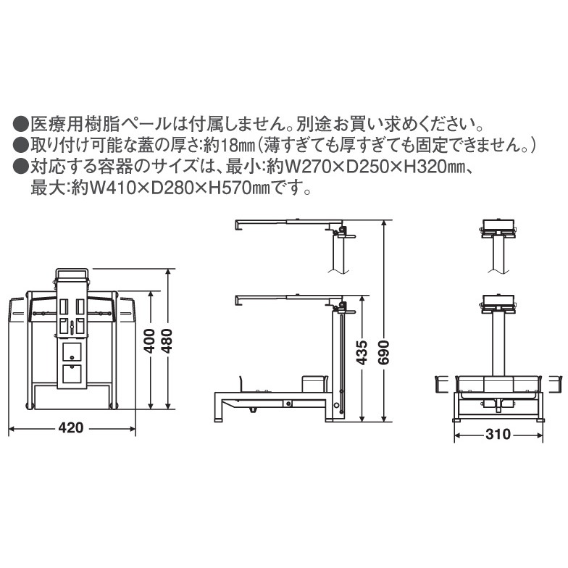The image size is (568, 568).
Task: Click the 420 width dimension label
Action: click(71, 427)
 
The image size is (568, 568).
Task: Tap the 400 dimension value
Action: click(149, 341)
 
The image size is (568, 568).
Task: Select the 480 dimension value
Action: click(167, 341)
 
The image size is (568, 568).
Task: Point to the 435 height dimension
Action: click(362, 352)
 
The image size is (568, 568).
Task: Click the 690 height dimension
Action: click(384, 352)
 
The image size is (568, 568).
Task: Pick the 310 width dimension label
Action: click(498, 434)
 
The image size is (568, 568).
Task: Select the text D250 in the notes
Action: click(367, 167)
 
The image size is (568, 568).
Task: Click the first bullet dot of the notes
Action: click(20, 125)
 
